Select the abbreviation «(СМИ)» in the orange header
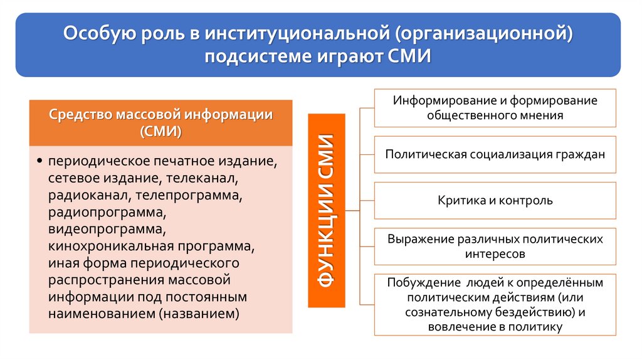tap(161, 131)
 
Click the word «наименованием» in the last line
tap(100, 314)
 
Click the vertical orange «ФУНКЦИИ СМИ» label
tap(326, 211)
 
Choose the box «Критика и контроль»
tap(495, 201)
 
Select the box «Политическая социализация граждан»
tap(495, 154)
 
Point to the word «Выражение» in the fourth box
tap(418, 240)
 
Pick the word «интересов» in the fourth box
tap(495, 255)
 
